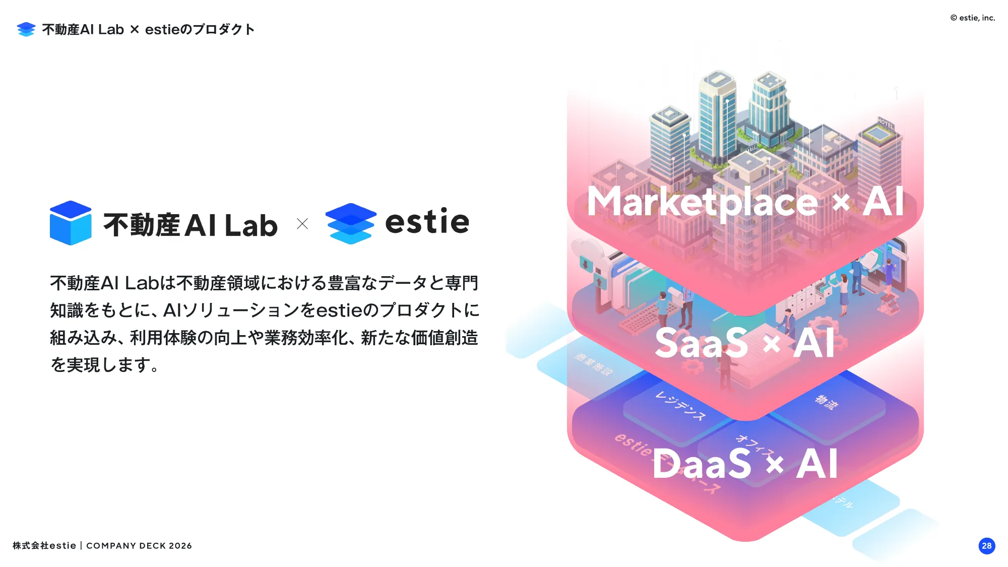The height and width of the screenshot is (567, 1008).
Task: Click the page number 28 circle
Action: pos(986,545)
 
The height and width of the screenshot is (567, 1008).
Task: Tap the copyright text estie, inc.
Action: pos(973,18)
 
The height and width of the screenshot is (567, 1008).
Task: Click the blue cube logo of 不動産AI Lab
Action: pos(71,223)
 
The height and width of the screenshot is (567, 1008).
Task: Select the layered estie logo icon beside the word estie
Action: pos(350,223)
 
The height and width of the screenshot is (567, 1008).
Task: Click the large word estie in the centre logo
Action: pos(427,222)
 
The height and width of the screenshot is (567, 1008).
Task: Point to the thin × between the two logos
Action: pos(302,224)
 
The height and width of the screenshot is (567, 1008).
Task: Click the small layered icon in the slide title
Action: pos(26,29)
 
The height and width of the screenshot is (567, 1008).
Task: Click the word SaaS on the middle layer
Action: pos(701,344)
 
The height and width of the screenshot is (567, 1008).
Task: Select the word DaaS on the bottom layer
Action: pos(702,464)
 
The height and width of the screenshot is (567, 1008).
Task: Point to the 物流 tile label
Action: pos(827,402)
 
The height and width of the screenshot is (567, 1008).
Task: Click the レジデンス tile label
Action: pos(680,405)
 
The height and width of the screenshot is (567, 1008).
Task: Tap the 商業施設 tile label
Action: pos(593,364)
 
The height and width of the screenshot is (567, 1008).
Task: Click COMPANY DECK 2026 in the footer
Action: pos(139,546)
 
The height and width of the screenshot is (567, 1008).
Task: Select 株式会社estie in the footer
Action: pos(44,546)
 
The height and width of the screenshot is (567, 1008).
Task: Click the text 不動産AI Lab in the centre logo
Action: pos(191,225)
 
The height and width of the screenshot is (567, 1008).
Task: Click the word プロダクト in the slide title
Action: pos(224,30)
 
